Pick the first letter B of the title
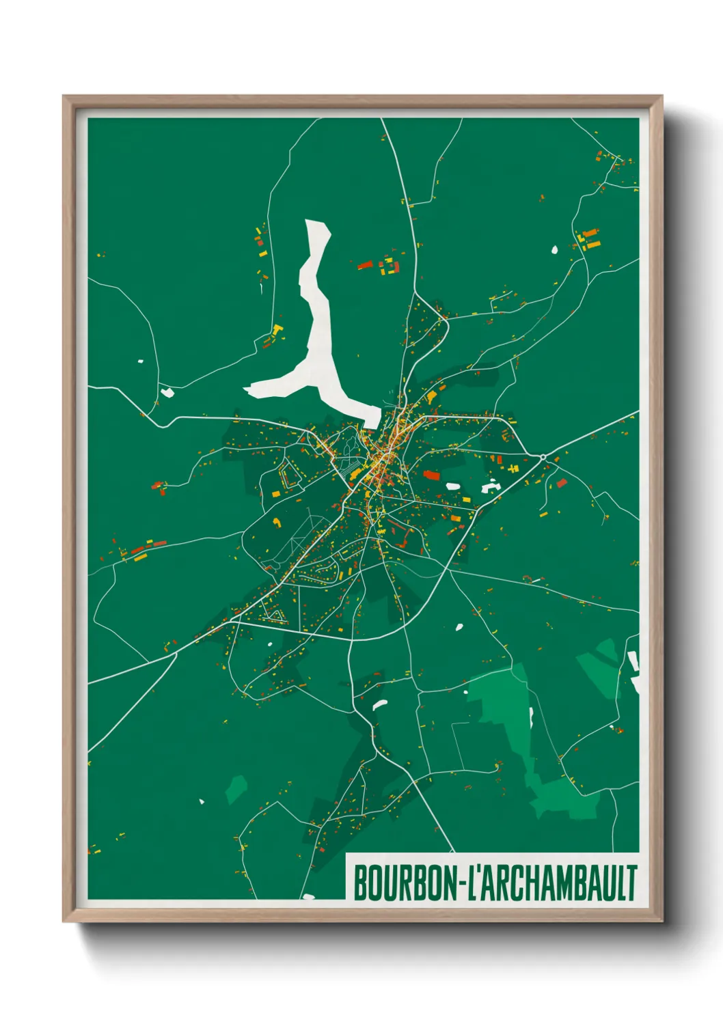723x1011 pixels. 361,883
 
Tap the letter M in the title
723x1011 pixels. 573,883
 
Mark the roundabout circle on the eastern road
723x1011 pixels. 543,456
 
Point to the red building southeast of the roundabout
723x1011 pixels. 562,484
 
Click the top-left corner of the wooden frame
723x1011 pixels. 64,96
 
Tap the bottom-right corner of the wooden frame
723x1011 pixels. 661,922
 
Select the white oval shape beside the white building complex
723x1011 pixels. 453,486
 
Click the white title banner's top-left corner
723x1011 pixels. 346,854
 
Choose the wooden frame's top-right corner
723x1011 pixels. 661,96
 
